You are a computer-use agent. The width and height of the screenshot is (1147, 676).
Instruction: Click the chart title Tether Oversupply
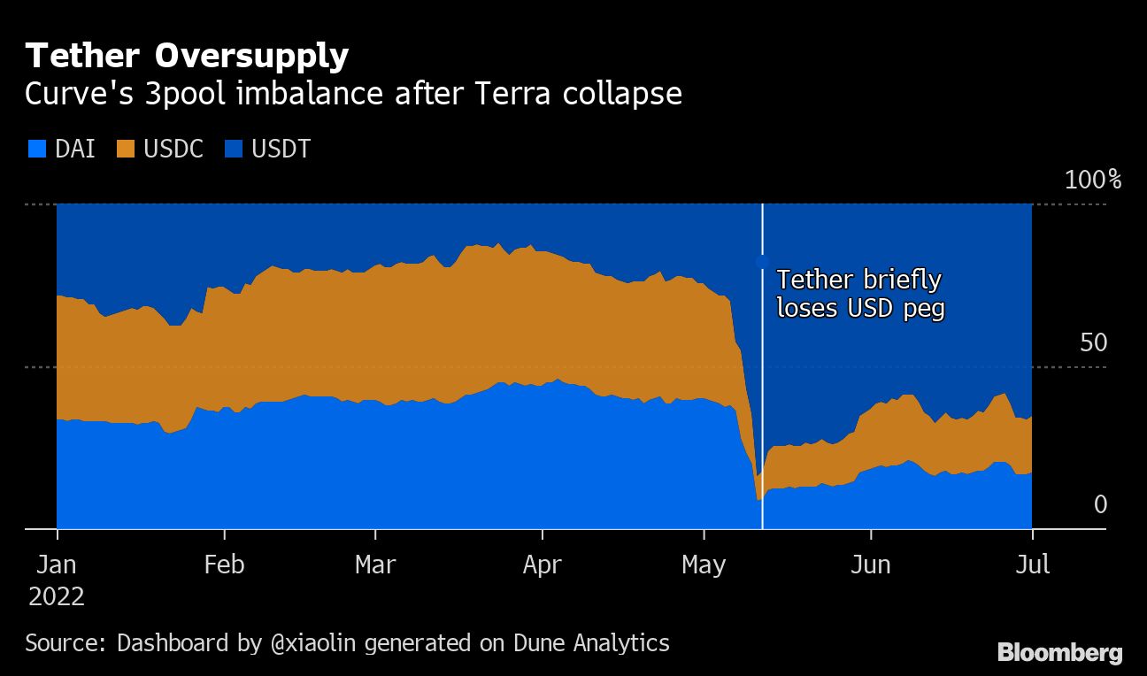pyautogui.click(x=187, y=57)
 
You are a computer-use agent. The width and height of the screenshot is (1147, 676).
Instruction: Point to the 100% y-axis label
pyautogui.click(x=1092, y=181)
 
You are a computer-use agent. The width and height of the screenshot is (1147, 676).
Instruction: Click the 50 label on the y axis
pyautogui.click(x=1093, y=342)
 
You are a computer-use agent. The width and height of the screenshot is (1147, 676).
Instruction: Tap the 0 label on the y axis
pyautogui.click(x=1100, y=504)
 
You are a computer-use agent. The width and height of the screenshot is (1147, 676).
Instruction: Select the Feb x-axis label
pyautogui.click(x=224, y=565)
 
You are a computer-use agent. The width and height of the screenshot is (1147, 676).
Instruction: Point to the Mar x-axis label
pyautogui.click(x=375, y=565)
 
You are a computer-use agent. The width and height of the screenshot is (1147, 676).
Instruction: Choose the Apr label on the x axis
pyautogui.click(x=542, y=565)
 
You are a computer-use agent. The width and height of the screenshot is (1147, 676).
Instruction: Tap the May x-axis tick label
pyautogui.click(x=704, y=565)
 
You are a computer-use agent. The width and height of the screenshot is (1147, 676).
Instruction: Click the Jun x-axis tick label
pyautogui.click(x=871, y=565)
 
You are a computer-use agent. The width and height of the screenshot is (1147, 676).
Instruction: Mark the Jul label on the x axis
pyautogui.click(x=1032, y=565)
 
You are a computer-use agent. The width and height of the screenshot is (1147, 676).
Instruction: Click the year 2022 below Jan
pyautogui.click(x=57, y=597)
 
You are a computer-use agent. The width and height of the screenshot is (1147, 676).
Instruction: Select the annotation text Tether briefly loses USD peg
pyautogui.click(x=860, y=294)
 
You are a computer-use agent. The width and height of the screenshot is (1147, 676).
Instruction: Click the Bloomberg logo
pyautogui.click(x=1059, y=653)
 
